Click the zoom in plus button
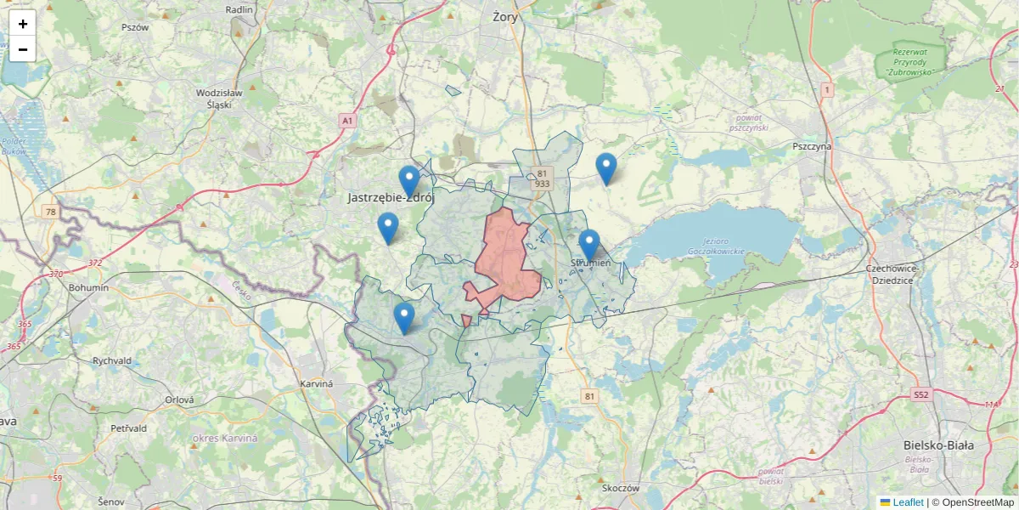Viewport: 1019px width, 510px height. point(23,24)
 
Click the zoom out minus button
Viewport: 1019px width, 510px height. point(23,49)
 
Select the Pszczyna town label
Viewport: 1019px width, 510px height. point(812,146)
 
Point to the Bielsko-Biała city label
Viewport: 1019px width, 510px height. point(938,445)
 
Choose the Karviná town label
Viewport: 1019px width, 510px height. point(318,384)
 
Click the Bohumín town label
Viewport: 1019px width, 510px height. point(89,287)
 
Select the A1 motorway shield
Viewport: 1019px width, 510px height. point(347,122)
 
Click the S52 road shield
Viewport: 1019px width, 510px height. point(922,394)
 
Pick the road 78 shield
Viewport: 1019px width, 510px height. point(52,211)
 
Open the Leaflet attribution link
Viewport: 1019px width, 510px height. point(908,502)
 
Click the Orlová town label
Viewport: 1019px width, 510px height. point(180,399)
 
